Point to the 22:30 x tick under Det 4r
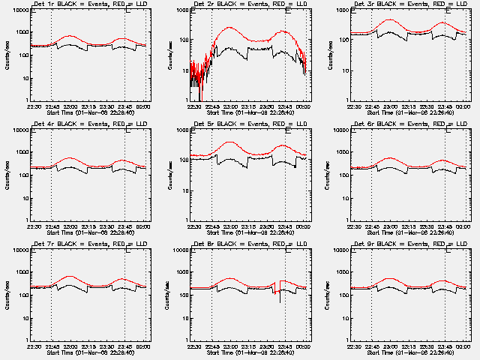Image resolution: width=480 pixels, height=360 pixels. [34, 226]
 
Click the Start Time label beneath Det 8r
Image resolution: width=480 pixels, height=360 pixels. [250, 351]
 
